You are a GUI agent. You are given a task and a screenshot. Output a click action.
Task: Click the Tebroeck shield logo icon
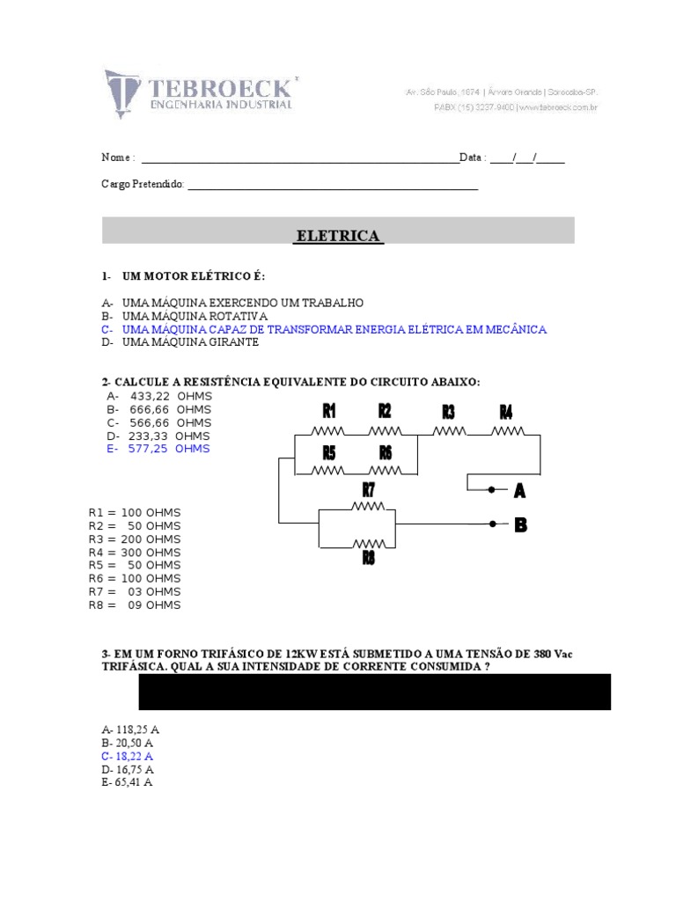[123, 92]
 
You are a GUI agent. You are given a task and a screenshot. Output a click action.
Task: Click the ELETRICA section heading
[338, 236]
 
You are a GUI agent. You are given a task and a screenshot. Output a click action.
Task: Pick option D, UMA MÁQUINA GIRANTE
[180, 342]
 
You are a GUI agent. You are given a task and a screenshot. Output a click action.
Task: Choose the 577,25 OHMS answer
[158, 449]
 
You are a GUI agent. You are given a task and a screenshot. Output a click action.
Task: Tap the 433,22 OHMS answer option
[158, 396]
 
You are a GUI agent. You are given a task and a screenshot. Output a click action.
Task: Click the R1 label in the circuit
[329, 411]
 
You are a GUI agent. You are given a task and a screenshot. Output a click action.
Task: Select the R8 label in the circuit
[368, 558]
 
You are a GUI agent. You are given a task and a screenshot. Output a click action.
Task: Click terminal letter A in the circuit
[519, 490]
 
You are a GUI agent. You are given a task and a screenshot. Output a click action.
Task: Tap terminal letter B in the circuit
[520, 525]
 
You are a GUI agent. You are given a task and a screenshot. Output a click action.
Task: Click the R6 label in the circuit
[385, 452]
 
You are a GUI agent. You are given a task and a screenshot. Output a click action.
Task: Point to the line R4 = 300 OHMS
[135, 552]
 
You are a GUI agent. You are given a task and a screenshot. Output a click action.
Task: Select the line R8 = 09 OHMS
[135, 604]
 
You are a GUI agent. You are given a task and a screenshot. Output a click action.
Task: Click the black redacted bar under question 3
[374, 692]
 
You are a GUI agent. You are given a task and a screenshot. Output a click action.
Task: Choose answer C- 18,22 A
[128, 756]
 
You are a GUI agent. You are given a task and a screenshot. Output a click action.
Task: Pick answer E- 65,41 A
[128, 782]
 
